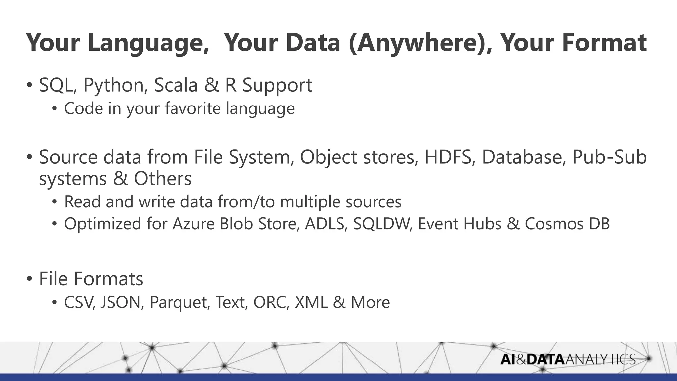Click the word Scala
click(x=176, y=85)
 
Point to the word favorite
click(x=193, y=108)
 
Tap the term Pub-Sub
click(x=609, y=157)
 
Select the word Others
click(x=162, y=179)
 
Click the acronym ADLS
click(x=326, y=224)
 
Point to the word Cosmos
click(x=554, y=224)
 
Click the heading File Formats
click(x=91, y=279)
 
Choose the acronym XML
click(x=311, y=302)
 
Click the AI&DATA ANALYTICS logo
click(x=568, y=360)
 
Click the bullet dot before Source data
click(x=30, y=157)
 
